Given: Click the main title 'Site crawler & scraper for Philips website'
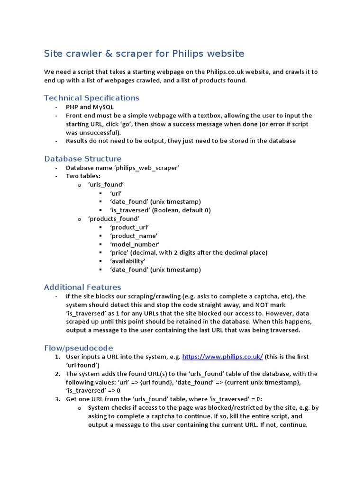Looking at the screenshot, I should tap(144, 53).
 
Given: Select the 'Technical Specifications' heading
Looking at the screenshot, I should tap(91, 98).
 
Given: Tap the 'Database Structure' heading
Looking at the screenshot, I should tap(82, 158).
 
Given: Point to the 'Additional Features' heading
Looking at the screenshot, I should tap(82, 287).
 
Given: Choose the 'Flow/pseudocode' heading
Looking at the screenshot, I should tap(78, 348).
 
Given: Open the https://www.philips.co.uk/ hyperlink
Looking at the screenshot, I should tap(222, 357).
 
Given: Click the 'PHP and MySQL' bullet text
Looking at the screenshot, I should tap(90, 107).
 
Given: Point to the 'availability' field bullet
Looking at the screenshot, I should tap(127, 261).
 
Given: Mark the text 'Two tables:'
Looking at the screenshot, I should tap(83, 176).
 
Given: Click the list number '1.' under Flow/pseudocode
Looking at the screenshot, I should tap(57, 357).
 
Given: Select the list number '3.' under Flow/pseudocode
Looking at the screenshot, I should tap(57, 399).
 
